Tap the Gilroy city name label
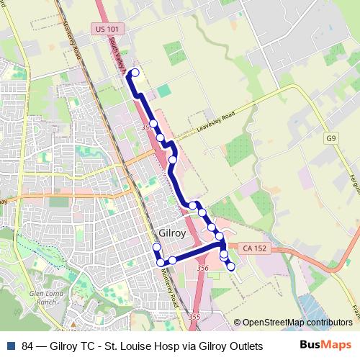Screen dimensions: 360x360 coord(171,234)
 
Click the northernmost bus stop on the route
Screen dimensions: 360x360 coord(135,73)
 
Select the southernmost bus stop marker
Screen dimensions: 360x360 coord(231,267)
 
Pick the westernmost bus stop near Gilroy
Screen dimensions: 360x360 coord(156,248)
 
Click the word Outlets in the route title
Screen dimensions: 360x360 coord(243,346)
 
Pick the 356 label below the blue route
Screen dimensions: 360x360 coord(202,268)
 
